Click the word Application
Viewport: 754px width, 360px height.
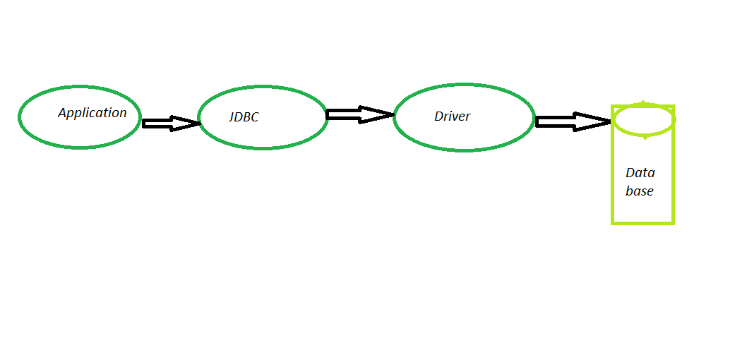pyautogui.click(x=92, y=114)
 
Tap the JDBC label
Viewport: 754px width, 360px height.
pyautogui.click(x=244, y=117)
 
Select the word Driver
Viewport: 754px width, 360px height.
pyautogui.click(x=453, y=116)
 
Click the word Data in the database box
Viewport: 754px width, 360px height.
pyautogui.click(x=640, y=172)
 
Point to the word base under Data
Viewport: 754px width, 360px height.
pyautogui.click(x=640, y=191)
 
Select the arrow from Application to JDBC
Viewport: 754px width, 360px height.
pyautogui.click(x=171, y=124)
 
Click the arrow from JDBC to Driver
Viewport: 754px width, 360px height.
pyautogui.click(x=360, y=115)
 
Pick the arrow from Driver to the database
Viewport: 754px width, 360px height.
pyautogui.click(x=574, y=121)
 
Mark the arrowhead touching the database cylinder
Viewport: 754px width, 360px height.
pyautogui.click(x=594, y=121)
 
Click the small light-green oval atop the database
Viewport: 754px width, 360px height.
pyautogui.click(x=645, y=120)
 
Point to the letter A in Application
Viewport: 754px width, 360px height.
pyautogui.click(x=62, y=113)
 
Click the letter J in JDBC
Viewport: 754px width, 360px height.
pyautogui.click(x=232, y=117)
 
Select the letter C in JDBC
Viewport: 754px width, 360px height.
pyautogui.click(x=254, y=117)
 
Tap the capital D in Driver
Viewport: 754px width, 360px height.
pyautogui.click(x=438, y=116)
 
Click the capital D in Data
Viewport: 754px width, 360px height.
pyautogui.click(x=630, y=172)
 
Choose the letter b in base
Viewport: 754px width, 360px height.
pyautogui.click(x=629, y=191)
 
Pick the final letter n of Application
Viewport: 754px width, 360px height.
pyautogui.click(x=123, y=114)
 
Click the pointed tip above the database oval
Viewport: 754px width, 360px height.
pyautogui.click(x=643, y=102)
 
